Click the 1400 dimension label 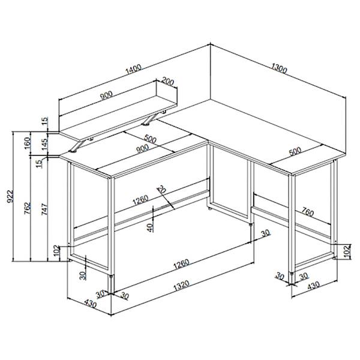click(133, 70)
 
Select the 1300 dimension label click(279, 68)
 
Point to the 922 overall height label click(10, 196)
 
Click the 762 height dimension click(28, 208)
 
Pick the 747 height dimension click(44, 209)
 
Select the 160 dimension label click(28, 143)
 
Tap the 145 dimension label click(45, 144)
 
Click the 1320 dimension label click(181, 285)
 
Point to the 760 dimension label click(308, 212)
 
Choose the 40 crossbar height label click(150, 228)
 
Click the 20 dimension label click(161, 189)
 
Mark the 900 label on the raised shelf click(106, 95)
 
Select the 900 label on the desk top click(142, 149)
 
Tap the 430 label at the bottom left click(91, 304)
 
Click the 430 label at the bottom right click(313, 286)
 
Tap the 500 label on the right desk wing click(295, 152)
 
